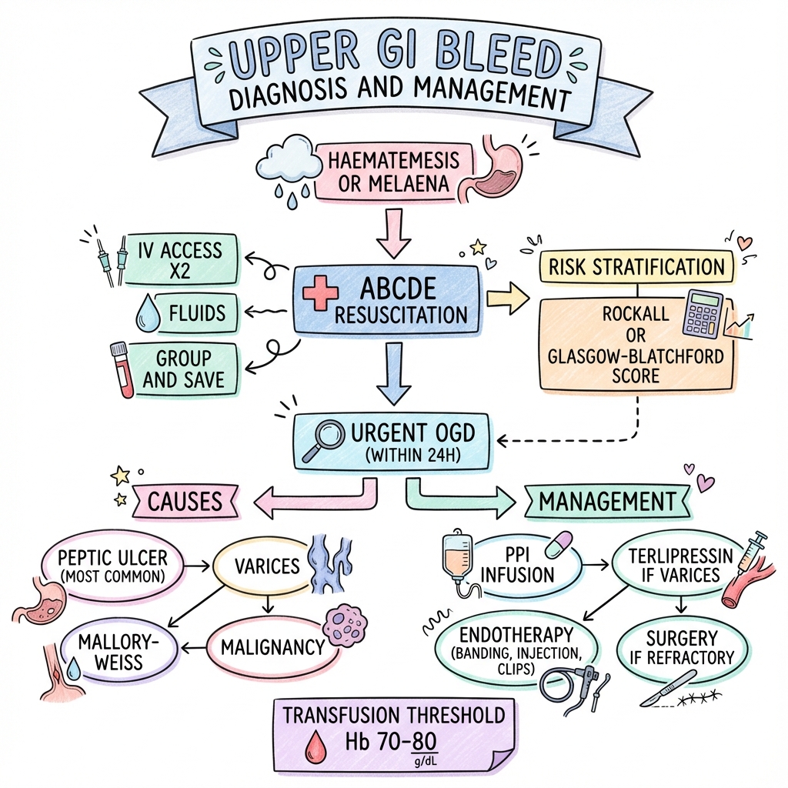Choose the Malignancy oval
[272, 646]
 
